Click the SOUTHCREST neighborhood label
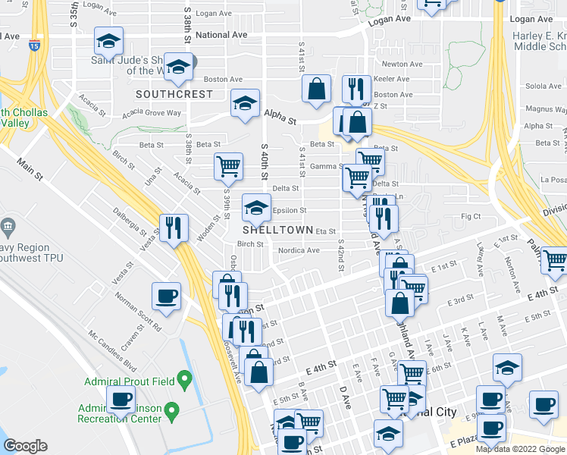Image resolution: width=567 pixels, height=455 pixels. [x=174, y=94]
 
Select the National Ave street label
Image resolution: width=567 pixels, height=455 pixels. [x=221, y=35]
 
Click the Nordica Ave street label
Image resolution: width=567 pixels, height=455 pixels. [x=299, y=250]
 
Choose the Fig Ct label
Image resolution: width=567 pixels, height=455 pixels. [x=472, y=216]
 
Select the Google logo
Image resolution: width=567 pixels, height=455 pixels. [x=25, y=446]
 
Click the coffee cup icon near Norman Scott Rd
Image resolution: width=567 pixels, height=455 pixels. [x=166, y=296]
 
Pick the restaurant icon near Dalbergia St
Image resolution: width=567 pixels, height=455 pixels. [x=174, y=227]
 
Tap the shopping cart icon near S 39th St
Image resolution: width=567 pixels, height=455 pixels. [x=228, y=166]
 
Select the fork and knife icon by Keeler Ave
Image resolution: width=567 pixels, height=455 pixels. [x=354, y=88]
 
